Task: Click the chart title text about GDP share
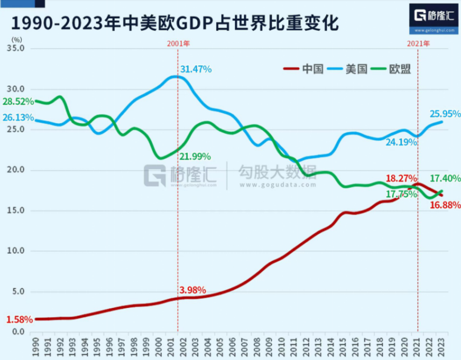pos(175,23)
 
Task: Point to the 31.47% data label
pos(196,69)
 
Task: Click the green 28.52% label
pos(18,101)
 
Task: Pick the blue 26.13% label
pos(18,118)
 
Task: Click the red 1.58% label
pos(18,318)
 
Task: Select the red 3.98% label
pos(194,290)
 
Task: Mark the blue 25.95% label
pos(445,114)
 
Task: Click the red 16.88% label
pos(445,205)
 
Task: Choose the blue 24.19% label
pos(401,143)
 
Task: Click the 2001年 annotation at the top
pos(178,43)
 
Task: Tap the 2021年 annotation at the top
pos(418,43)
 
